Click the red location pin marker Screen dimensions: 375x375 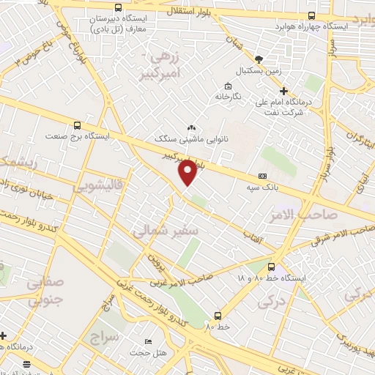[188, 171]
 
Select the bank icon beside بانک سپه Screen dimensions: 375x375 [262, 177]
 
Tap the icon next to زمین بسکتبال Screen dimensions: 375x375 [257, 59]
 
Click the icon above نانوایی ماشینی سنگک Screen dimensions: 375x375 [192, 127]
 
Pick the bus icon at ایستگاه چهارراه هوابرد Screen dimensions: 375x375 [312, 15]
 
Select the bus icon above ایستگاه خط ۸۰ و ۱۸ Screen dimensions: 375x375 [272, 267]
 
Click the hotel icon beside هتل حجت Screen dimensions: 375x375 [149, 342]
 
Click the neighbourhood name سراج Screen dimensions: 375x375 [105, 338]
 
